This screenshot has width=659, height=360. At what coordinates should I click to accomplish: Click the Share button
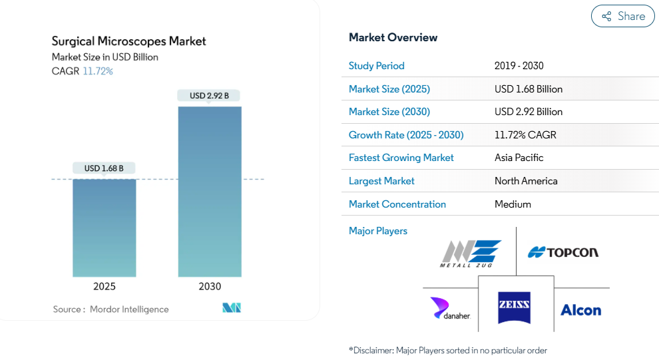622,16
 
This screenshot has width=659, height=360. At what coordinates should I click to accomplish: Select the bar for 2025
105,228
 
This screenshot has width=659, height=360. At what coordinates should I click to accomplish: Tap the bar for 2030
210,192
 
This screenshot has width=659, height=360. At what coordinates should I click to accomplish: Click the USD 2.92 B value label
209,95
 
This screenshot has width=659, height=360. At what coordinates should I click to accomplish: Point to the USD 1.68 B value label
104,168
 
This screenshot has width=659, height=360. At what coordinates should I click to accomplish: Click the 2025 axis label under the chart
105,287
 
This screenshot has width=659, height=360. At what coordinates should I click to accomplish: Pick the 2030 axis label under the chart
210,287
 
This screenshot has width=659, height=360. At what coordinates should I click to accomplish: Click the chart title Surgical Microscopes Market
128,41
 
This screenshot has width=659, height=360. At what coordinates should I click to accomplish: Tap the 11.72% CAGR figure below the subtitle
98,71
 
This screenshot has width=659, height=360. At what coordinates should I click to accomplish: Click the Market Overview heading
393,37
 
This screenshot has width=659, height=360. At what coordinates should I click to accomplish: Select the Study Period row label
377,66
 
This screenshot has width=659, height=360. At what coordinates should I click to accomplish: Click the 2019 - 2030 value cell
519,66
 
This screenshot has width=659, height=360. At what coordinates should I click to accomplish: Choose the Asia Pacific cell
519,158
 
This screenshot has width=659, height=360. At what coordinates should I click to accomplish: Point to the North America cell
526,181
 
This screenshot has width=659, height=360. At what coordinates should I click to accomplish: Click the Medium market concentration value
513,204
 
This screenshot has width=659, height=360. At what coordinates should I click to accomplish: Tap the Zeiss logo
514,308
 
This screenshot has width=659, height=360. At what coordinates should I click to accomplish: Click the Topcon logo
563,252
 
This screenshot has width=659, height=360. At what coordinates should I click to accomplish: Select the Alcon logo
581,310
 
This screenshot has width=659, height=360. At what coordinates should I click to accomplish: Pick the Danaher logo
450,308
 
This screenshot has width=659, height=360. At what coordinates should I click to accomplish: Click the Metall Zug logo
471,254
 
